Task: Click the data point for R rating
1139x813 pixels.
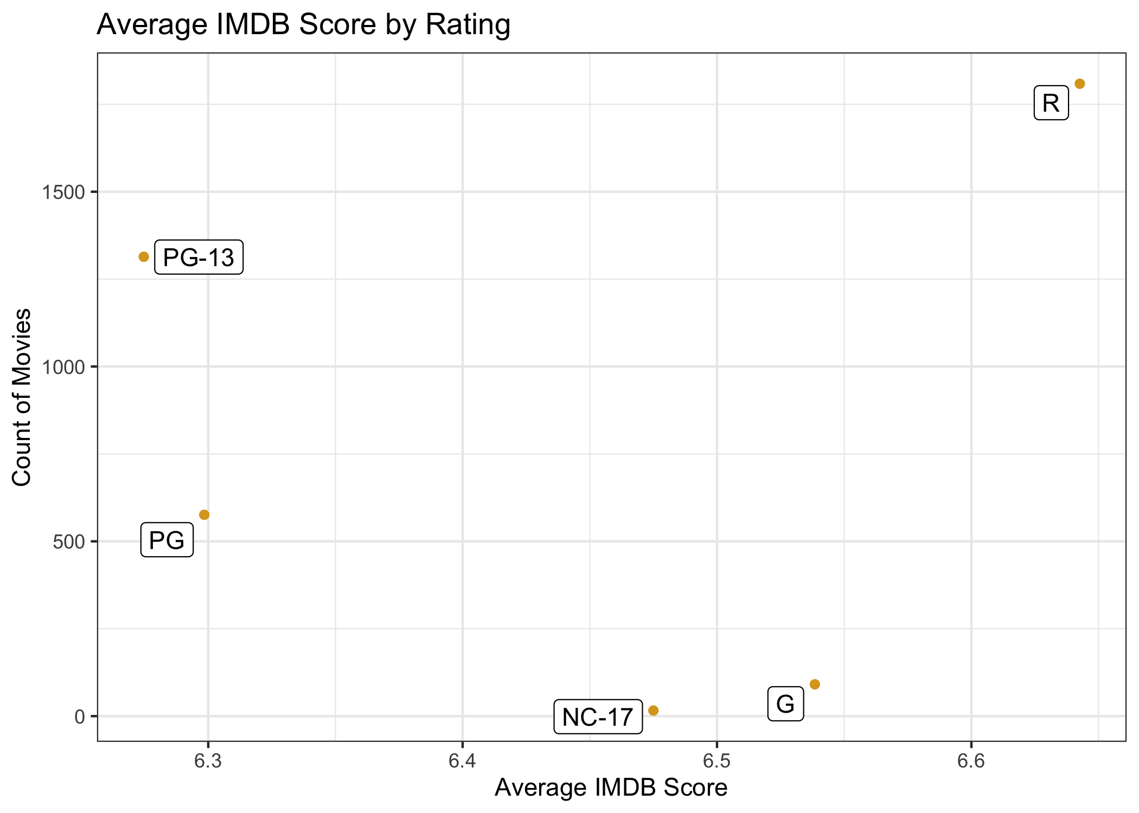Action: click(1079, 83)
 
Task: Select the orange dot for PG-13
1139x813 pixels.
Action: click(144, 257)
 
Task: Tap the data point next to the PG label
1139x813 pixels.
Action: click(204, 514)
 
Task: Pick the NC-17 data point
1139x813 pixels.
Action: click(654, 710)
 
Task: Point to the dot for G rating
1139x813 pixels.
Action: click(815, 684)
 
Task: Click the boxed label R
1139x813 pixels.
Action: click(1051, 103)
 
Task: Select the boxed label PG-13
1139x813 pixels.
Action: click(199, 257)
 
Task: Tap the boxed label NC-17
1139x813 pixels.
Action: click(598, 717)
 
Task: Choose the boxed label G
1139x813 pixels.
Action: click(785, 704)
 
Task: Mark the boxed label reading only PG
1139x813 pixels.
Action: click(167, 540)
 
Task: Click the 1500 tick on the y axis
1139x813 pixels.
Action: click(64, 192)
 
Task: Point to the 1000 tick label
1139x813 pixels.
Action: click(64, 367)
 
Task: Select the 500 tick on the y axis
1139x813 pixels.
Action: click(69, 542)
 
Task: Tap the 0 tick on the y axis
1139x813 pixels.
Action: click(80, 717)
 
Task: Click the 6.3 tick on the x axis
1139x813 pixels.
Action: click(208, 762)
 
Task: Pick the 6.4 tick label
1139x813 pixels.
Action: click(462, 762)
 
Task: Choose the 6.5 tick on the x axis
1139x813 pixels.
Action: click(716, 762)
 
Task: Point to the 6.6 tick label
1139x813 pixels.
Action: click(971, 762)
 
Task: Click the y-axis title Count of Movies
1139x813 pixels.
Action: click(22, 397)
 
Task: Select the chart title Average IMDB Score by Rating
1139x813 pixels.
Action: click(303, 24)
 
